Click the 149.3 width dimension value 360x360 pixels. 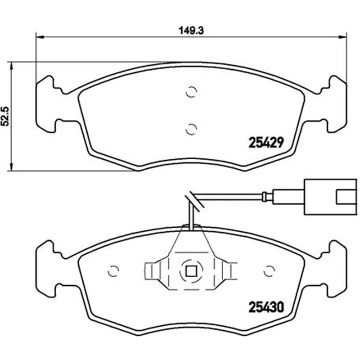point(191,31)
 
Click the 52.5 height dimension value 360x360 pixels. point(5,116)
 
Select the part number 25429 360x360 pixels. point(266,143)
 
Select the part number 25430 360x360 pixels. point(266,307)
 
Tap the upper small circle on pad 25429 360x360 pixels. point(191,92)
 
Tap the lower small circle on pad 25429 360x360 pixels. point(191,129)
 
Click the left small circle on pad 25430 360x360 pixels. point(113,271)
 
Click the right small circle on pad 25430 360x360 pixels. point(270,271)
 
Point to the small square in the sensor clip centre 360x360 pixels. point(191,271)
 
